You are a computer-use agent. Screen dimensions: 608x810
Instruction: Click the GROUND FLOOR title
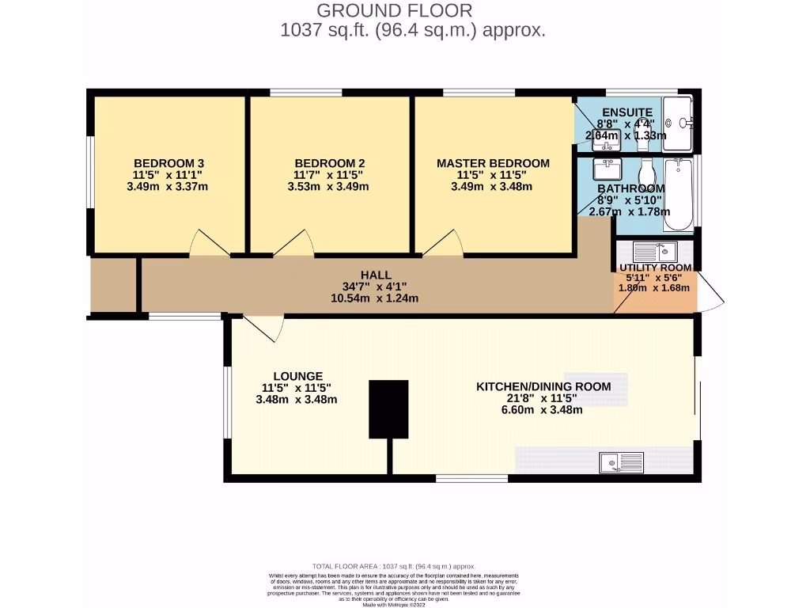coord(394,11)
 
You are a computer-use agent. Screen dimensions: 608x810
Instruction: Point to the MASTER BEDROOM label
coord(493,163)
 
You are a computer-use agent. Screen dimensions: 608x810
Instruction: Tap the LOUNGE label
coord(297,376)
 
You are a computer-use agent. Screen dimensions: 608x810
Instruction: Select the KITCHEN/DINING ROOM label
coord(543,386)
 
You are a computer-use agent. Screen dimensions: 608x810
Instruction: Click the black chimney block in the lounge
coord(389,408)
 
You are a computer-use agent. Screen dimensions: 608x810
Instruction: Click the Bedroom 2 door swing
coord(296,244)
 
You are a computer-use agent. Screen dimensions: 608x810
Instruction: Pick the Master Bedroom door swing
coord(444,244)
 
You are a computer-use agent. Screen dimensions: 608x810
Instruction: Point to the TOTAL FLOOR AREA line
coord(393,566)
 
